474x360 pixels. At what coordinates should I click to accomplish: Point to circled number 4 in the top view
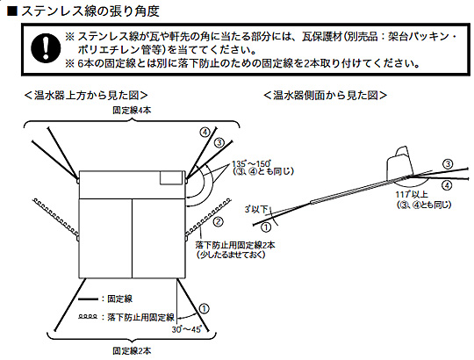pos(205,132)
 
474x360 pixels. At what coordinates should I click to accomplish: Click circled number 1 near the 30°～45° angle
pos(204,308)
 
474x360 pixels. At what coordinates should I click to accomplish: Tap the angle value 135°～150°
pos(250,165)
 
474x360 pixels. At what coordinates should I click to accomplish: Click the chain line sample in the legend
pos(90,315)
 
